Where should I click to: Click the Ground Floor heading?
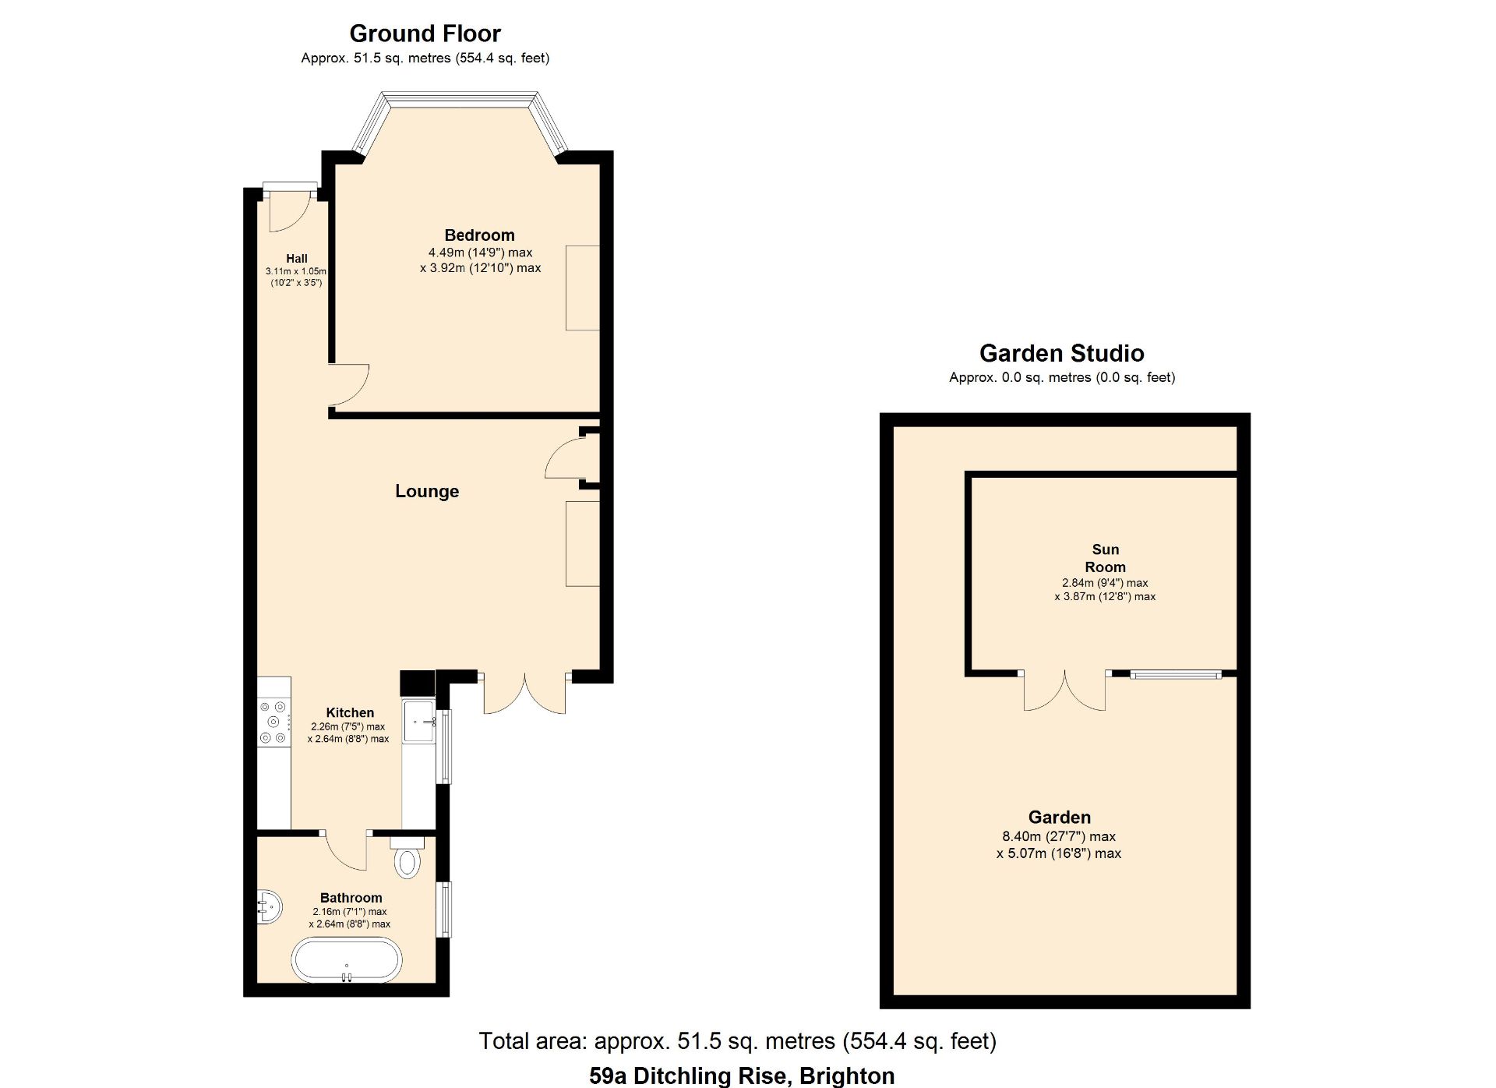(425, 34)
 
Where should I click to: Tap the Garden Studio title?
(1061, 353)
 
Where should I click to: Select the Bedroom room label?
(479, 235)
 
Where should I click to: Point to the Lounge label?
(427, 491)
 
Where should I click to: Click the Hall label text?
(296, 259)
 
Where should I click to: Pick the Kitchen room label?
(350, 712)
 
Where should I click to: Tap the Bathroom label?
(351, 898)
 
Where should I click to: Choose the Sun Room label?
(1105, 558)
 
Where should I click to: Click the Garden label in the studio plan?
(1059, 818)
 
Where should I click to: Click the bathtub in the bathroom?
(347, 961)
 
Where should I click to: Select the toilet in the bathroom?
(407, 857)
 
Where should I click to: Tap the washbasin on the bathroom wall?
(268, 906)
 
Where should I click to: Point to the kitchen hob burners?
(274, 722)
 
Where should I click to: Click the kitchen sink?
(418, 722)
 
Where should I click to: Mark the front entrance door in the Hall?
(291, 209)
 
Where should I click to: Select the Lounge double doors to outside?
(524, 693)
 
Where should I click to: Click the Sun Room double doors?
(1064, 691)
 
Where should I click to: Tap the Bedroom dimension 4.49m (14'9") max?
(480, 253)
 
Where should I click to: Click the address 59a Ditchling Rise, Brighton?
(742, 1076)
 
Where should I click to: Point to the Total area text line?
(737, 1041)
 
